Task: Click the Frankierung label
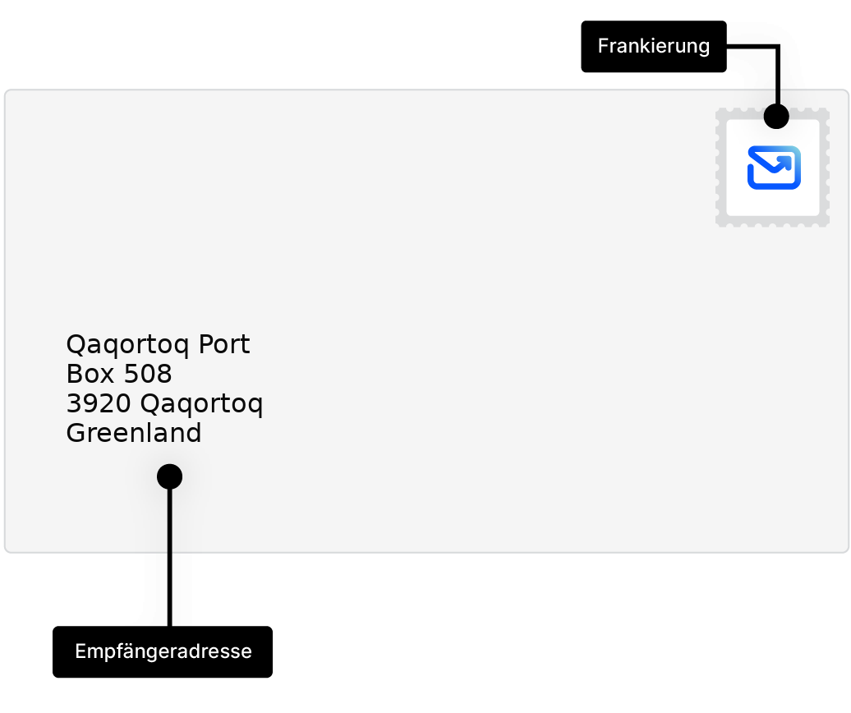[653, 46]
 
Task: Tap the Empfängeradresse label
[163, 652]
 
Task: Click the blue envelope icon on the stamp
[774, 168]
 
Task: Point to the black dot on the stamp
[776, 117]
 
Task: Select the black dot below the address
[169, 476]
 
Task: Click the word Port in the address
[223, 345]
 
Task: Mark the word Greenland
[134, 434]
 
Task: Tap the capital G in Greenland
[75, 434]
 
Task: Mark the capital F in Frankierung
[602, 46]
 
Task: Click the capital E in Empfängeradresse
[80, 652]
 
